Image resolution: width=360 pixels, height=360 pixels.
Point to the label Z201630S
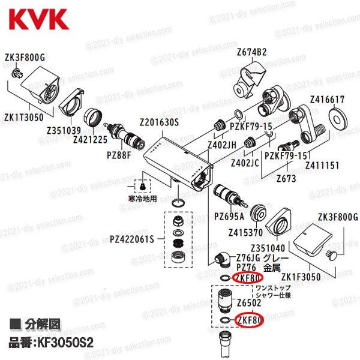[x=158, y=121]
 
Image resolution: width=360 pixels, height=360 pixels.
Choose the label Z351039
[x=64, y=131]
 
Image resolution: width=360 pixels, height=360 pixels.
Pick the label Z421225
[x=89, y=139]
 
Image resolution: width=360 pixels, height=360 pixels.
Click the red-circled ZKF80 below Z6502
[x=249, y=321]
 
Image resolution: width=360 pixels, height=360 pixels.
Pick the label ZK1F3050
[x=302, y=277]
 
